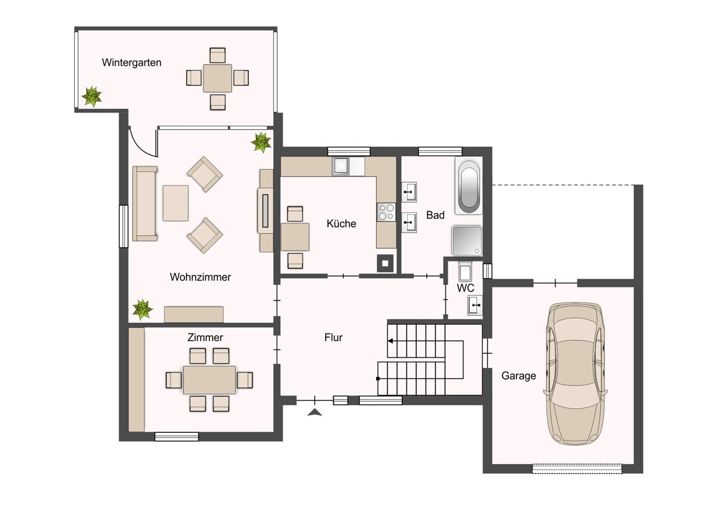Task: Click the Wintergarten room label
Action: (131, 62)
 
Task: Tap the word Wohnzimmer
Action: (200, 277)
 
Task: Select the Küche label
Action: (341, 224)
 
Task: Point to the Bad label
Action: (435, 215)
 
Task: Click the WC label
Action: (466, 288)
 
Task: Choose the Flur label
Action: (333, 337)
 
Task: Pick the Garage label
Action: (519, 376)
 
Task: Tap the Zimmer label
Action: (205, 337)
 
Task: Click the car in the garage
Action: (575, 374)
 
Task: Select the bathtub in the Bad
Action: (469, 186)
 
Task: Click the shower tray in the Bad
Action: (467, 241)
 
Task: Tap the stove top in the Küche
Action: (386, 212)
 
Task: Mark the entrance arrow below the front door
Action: (314, 413)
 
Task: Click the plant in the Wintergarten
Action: (92, 96)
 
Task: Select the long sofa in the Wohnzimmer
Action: (145, 204)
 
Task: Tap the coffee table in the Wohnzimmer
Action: (176, 203)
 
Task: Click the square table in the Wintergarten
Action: (217, 79)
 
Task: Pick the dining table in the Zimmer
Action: (209, 380)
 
